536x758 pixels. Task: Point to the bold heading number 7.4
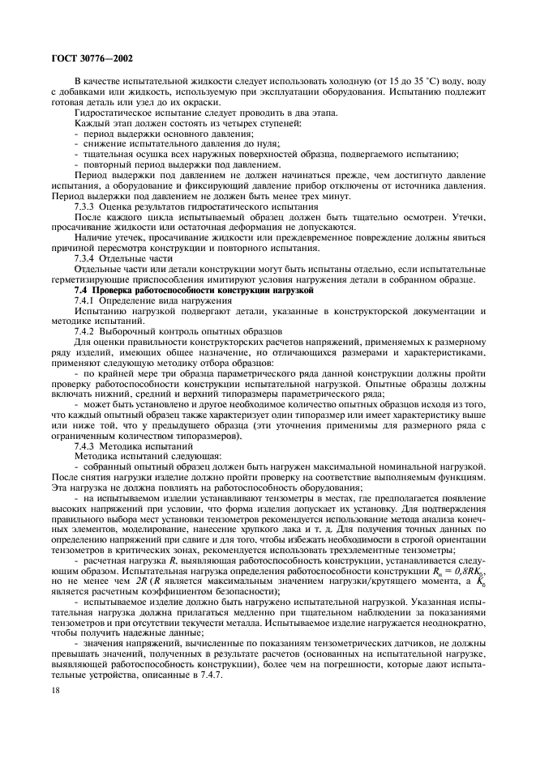[80, 289]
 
